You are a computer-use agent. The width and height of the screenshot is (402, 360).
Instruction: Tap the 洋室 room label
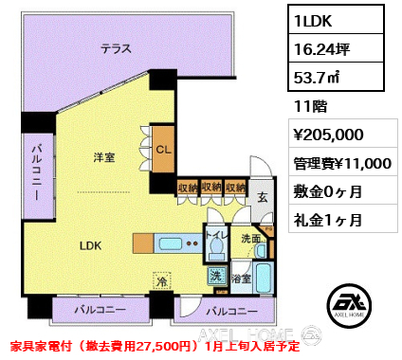[x=104, y=158]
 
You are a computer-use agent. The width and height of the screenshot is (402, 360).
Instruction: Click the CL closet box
[x=162, y=149]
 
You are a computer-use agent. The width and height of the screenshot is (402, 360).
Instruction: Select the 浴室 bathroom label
[x=243, y=279]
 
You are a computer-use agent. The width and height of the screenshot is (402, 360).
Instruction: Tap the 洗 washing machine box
[x=215, y=277]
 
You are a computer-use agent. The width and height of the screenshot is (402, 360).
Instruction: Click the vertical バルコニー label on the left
[x=35, y=173]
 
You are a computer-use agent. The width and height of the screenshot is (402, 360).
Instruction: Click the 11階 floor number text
[x=308, y=108]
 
